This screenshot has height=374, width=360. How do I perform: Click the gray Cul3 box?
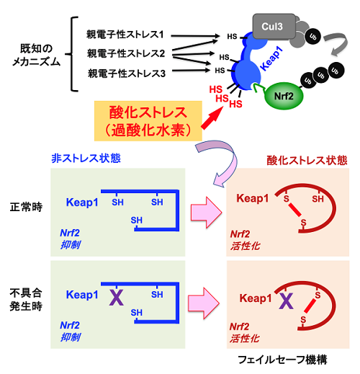(274, 26)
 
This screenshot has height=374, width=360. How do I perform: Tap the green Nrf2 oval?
(284, 96)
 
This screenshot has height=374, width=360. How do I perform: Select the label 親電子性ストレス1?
(125, 35)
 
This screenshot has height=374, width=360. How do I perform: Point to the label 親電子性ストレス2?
(126, 53)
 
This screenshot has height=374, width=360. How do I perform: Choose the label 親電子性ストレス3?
(127, 74)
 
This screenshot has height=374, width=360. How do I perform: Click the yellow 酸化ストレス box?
(148, 121)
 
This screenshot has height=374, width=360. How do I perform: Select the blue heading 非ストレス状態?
(86, 159)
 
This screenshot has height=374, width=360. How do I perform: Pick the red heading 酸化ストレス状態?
(307, 160)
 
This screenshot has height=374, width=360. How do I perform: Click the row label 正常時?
(26, 207)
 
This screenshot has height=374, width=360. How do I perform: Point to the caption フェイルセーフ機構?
(282, 360)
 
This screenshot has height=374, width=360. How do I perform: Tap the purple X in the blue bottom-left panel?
(117, 298)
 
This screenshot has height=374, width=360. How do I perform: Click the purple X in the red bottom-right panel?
(287, 301)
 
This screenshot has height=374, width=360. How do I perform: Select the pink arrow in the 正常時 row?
(206, 213)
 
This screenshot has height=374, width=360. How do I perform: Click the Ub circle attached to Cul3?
(312, 37)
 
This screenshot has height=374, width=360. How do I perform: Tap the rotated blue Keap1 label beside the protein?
(271, 59)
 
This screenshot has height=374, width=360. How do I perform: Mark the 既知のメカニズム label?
(36, 55)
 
